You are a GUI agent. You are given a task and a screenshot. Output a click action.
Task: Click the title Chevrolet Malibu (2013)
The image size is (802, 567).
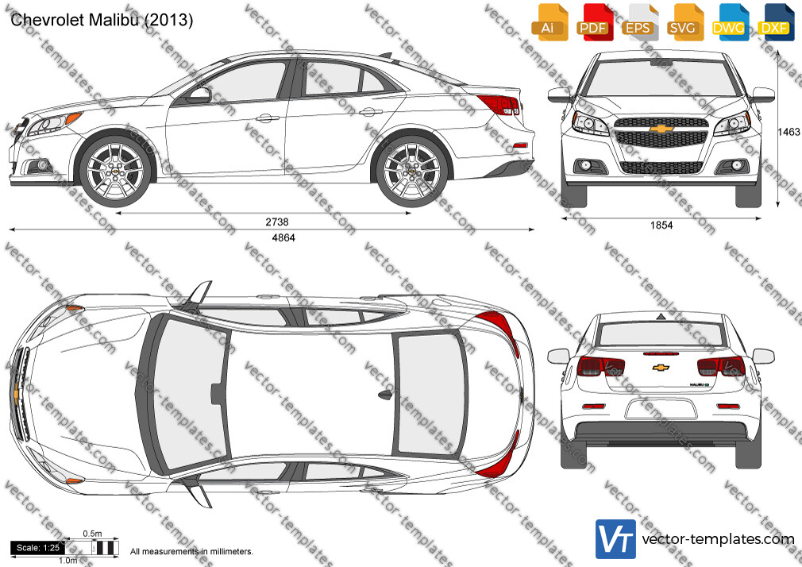tap(102, 20)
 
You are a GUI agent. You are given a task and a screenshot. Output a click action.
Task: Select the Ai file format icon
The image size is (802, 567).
tap(549, 22)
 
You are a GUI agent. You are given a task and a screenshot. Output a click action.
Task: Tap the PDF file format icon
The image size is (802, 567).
tap(595, 22)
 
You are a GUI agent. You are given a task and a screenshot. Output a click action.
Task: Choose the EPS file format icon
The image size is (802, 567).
tap(640, 22)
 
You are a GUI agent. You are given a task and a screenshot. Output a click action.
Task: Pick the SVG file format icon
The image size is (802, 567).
tap(684, 22)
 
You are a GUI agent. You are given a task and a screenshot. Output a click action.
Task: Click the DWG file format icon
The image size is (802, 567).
tap(730, 22)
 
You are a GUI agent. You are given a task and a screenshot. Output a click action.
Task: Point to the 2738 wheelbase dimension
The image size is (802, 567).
tap(276, 222)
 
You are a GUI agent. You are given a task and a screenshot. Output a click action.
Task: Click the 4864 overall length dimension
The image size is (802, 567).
tap(283, 237)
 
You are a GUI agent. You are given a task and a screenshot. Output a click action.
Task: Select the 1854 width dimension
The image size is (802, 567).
tap(661, 226)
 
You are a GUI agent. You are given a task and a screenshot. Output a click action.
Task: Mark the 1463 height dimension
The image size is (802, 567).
tap(789, 132)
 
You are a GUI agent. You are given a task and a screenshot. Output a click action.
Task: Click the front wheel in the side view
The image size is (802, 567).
tap(116, 171)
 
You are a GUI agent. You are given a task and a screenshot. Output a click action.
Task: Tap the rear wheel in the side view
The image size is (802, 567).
tap(412, 171)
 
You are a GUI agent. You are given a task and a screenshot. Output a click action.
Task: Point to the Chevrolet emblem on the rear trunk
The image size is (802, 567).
tap(661, 367)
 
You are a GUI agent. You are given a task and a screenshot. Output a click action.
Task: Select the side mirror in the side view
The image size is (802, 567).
tap(199, 95)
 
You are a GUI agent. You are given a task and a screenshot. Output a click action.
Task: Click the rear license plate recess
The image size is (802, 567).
tap(661, 409)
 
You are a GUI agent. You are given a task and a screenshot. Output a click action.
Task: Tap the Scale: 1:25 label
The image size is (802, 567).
tap(38, 548)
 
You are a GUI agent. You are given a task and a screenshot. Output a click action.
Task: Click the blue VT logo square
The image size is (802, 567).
tap(616, 539)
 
